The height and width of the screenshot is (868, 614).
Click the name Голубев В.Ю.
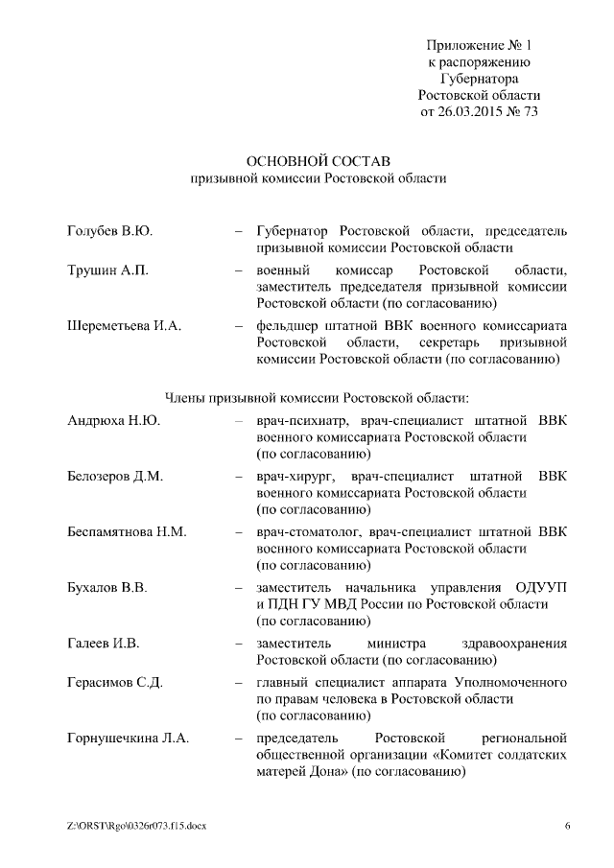110,231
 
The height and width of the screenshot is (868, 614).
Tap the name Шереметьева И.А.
125,326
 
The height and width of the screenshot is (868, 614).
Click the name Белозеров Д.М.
115,476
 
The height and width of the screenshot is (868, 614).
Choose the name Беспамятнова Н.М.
127,531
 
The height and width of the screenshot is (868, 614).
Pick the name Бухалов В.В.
107,587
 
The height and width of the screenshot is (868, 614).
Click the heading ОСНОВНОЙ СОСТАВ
319,158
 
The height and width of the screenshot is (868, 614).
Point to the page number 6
567,826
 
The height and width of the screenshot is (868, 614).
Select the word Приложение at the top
464,44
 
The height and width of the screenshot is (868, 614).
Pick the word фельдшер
288,326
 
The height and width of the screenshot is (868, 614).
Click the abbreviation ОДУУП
538,587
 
